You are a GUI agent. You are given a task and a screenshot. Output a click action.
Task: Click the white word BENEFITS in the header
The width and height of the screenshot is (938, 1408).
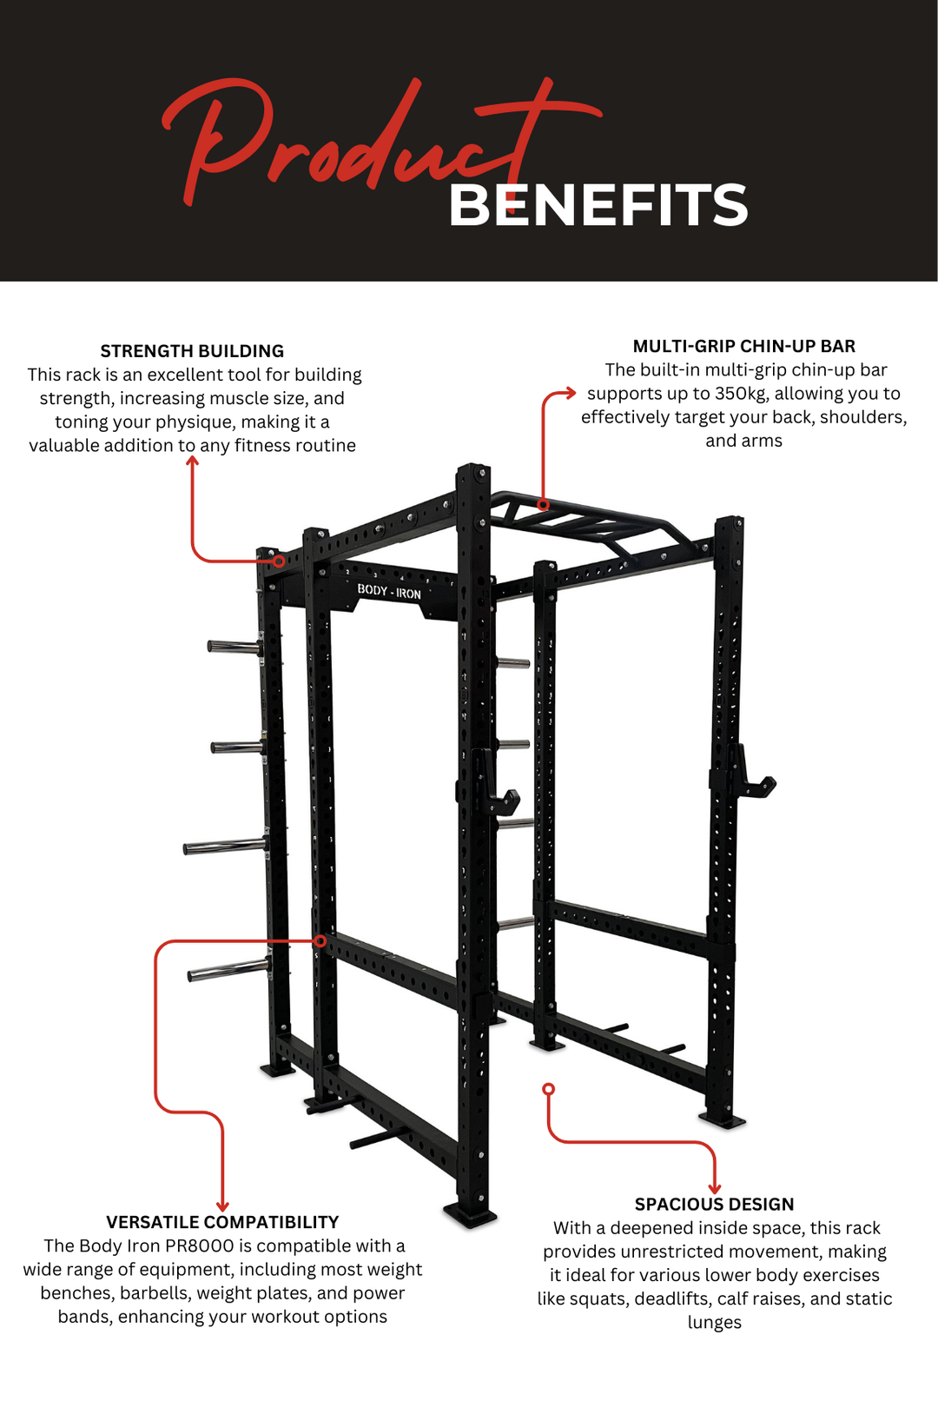pyautogui.click(x=598, y=206)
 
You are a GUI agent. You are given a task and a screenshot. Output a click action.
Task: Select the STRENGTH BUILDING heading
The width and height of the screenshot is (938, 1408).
pyautogui.click(x=192, y=351)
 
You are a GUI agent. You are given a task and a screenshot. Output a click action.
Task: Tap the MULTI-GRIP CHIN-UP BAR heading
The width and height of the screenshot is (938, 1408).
pyautogui.click(x=743, y=346)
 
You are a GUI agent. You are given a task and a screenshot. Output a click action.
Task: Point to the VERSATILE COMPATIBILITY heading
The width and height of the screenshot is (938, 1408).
pyautogui.click(x=222, y=1222)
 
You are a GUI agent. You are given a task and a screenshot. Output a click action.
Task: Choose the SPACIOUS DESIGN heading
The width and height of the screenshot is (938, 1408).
pyautogui.click(x=714, y=1204)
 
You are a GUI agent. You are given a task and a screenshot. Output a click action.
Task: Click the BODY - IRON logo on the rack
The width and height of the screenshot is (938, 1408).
pyautogui.click(x=389, y=591)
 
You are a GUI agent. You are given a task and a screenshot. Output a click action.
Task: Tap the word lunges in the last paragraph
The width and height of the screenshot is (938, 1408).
pyautogui.click(x=714, y=1322)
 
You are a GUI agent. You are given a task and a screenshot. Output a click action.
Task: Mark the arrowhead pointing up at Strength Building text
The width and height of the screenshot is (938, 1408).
pyautogui.click(x=193, y=461)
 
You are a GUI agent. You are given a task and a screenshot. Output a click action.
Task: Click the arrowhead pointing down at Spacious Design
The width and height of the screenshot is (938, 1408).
pyautogui.click(x=715, y=1188)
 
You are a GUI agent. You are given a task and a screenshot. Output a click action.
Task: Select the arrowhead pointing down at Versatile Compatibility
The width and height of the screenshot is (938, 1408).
pyautogui.click(x=222, y=1205)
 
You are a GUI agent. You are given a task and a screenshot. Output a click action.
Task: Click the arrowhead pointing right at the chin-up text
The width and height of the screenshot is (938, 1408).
pyautogui.click(x=570, y=393)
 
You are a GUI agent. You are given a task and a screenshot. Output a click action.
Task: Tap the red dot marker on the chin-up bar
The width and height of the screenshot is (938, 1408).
pyautogui.click(x=543, y=504)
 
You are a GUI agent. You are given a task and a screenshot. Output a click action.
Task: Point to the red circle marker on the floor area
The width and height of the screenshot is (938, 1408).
pyautogui.click(x=548, y=1089)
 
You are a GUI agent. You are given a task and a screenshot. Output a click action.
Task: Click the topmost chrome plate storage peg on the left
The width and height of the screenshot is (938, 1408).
pyautogui.click(x=233, y=646)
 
